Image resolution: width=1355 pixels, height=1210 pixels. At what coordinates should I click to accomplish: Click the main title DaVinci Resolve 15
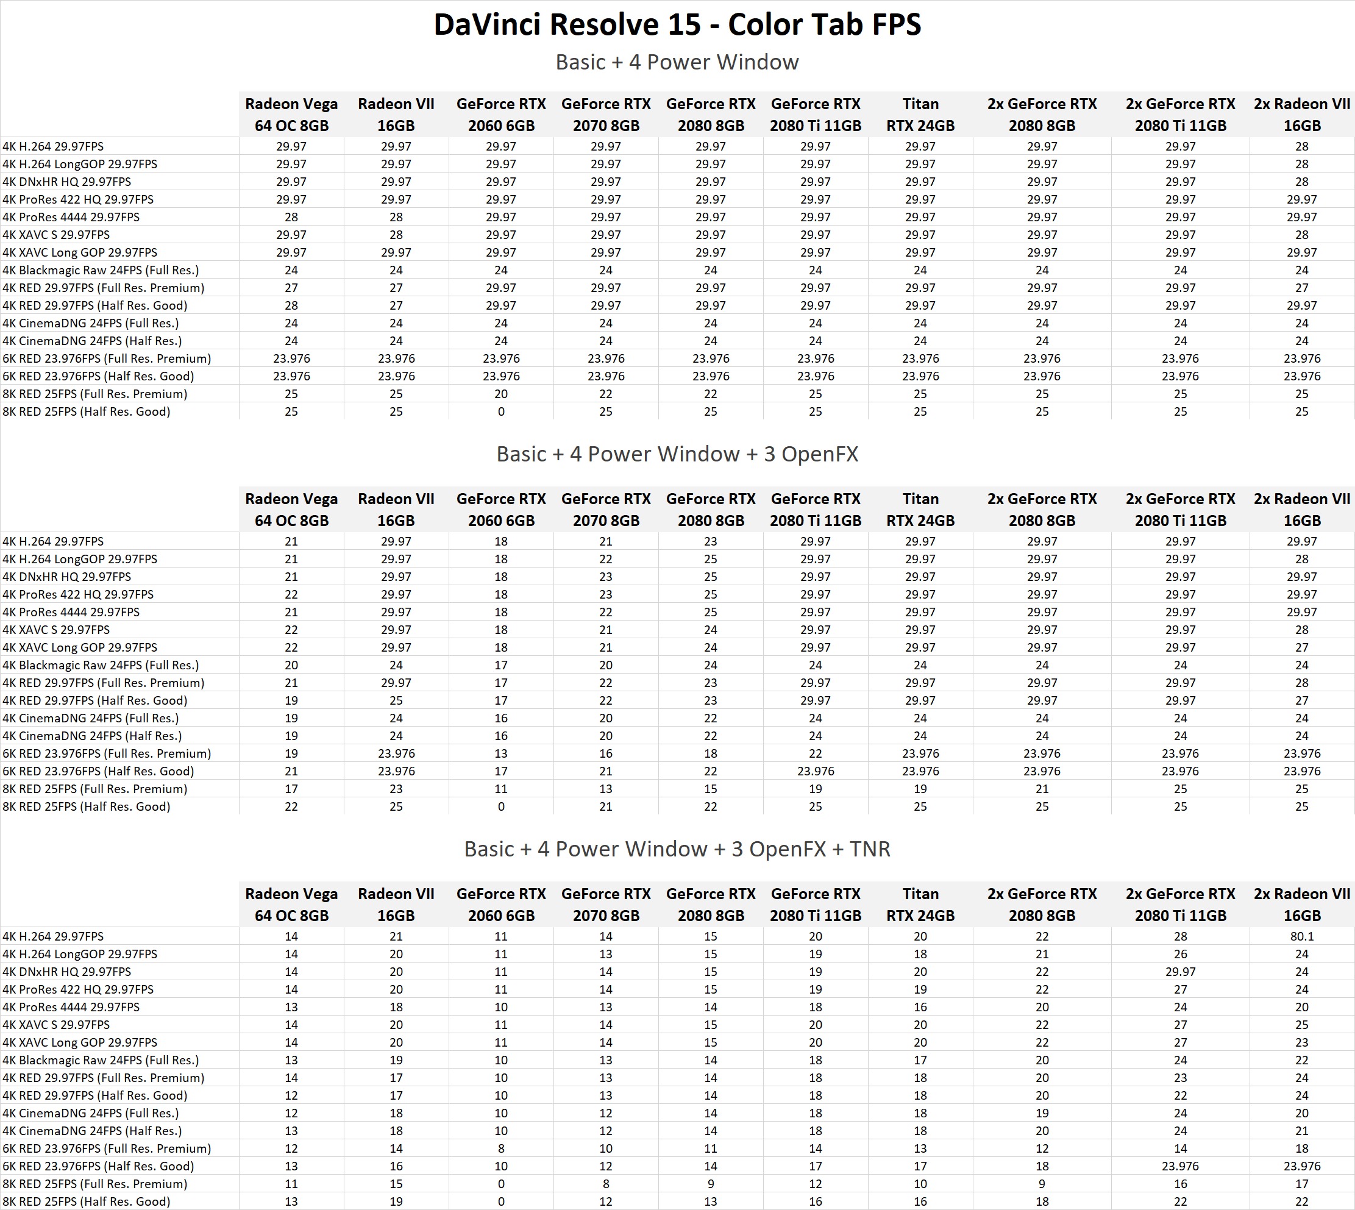tap(677, 25)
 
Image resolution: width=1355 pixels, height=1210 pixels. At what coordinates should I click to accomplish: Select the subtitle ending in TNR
tap(677, 849)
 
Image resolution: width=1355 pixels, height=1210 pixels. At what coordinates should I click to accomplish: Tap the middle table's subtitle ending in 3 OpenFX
tap(677, 454)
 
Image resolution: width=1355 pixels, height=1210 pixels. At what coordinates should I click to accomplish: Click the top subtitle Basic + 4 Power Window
tap(677, 62)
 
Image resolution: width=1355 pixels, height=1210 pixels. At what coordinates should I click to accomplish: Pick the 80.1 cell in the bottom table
tap(1301, 936)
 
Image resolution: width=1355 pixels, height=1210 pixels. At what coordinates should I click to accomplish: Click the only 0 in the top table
tap(500, 411)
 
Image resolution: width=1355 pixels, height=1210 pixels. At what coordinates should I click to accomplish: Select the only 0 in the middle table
tap(500, 806)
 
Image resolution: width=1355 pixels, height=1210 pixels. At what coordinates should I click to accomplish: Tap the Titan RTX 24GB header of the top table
tap(920, 115)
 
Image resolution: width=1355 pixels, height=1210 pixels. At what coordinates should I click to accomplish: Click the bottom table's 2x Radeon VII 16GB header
tap(1301, 904)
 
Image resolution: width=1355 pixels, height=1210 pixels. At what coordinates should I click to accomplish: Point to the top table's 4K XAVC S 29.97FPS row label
tap(57, 235)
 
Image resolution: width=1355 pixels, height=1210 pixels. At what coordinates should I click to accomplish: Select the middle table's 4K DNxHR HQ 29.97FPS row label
tap(67, 577)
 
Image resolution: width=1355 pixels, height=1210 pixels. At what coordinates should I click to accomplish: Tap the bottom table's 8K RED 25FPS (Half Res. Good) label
tap(87, 1201)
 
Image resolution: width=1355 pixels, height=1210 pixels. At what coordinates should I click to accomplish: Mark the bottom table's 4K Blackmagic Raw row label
tap(101, 1060)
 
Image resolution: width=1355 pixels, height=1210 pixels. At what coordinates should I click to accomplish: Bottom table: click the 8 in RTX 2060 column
tap(500, 1148)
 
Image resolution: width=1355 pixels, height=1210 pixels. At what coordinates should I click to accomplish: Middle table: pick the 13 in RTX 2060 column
tap(500, 753)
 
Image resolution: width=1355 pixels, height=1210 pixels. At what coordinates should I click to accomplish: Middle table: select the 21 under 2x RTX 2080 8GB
tap(1042, 789)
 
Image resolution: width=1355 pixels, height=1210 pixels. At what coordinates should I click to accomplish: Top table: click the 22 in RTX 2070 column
tap(606, 394)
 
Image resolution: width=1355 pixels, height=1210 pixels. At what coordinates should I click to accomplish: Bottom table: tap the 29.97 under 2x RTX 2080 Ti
tap(1180, 971)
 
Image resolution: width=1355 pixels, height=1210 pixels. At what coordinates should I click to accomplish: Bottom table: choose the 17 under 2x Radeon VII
tap(1301, 1183)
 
